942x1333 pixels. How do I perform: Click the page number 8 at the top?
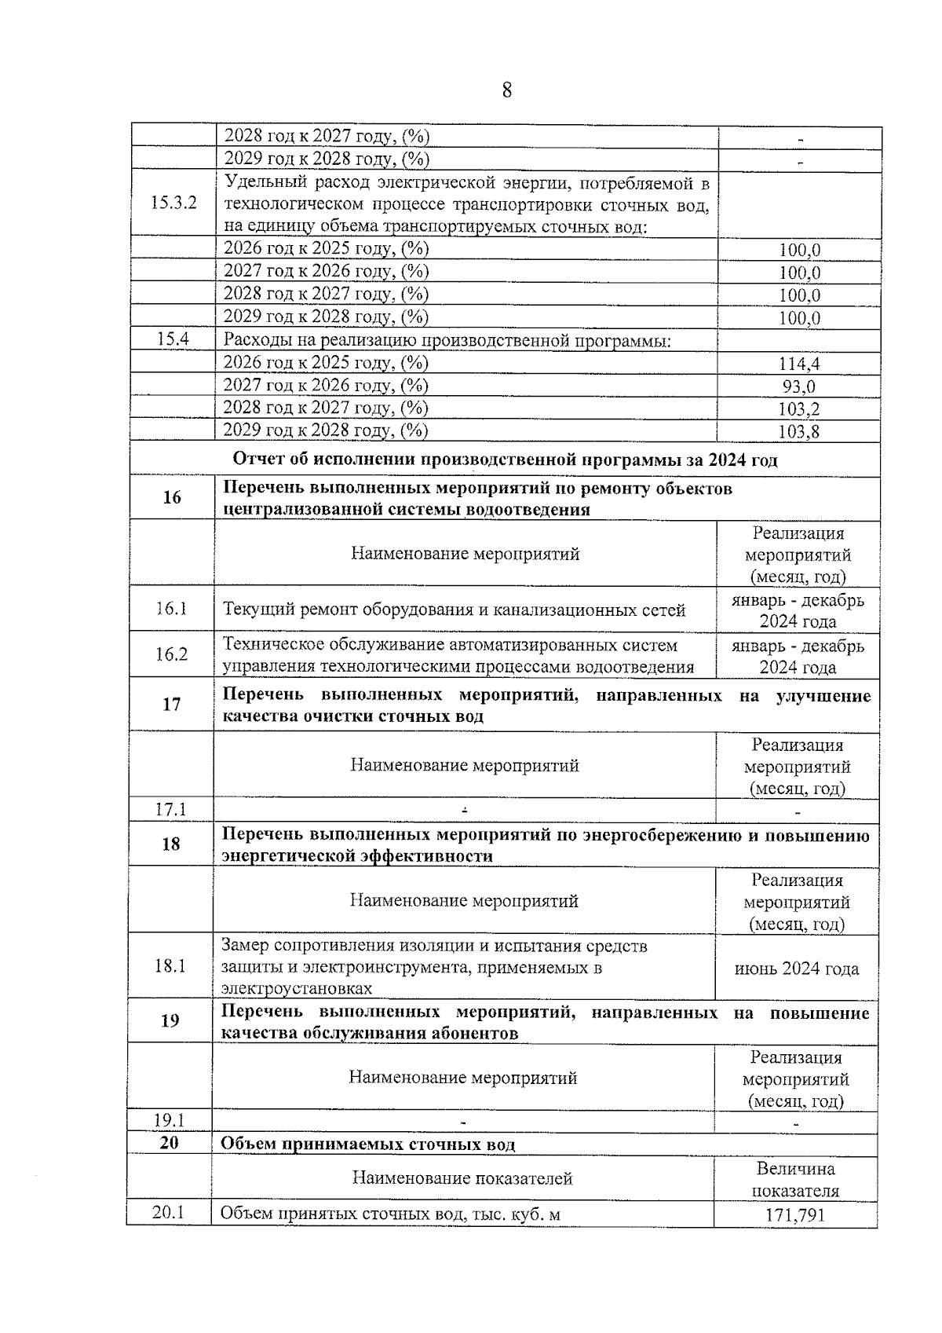[x=506, y=90]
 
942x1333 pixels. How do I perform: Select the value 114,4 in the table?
[x=799, y=364]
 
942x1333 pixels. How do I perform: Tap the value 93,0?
[x=799, y=386]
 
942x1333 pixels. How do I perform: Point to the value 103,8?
[x=799, y=431]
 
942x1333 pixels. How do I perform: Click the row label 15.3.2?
[x=173, y=203]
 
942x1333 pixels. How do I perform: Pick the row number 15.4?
[x=173, y=339]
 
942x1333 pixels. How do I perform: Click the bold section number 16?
[x=172, y=497]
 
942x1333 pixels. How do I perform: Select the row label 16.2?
[x=171, y=654]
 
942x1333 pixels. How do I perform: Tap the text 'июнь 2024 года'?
[x=797, y=969]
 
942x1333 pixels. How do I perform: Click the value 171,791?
[x=795, y=1216]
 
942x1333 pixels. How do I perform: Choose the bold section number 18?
[x=170, y=844]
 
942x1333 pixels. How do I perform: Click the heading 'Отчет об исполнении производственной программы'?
[x=505, y=460]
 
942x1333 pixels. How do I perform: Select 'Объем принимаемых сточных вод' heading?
[x=367, y=1144]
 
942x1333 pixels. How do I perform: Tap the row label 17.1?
[x=170, y=808]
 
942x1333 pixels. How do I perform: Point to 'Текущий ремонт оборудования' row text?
[x=454, y=610]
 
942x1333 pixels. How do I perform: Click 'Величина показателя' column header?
[x=795, y=1179]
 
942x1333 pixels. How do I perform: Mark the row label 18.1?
[x=170, y=965]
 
